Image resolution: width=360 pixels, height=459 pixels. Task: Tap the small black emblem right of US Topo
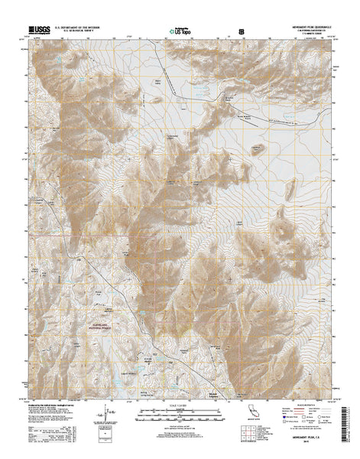[242, 31]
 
